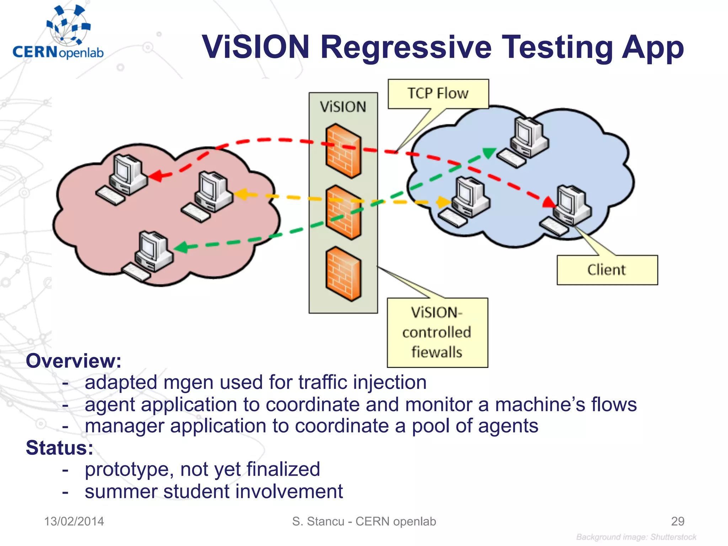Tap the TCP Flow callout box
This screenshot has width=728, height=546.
438,93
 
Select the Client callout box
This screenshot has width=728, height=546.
607,270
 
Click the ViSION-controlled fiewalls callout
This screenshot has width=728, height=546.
437,332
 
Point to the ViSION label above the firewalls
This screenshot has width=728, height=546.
343,107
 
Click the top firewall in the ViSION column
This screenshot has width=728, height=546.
343,151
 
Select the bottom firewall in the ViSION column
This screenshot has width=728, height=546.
343,274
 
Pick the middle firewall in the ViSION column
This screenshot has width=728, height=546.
343,212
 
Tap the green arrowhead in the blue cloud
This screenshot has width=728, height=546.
489,152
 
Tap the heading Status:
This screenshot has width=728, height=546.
59,448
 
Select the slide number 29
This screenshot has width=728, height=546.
677,521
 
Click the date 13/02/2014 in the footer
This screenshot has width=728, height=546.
74,521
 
